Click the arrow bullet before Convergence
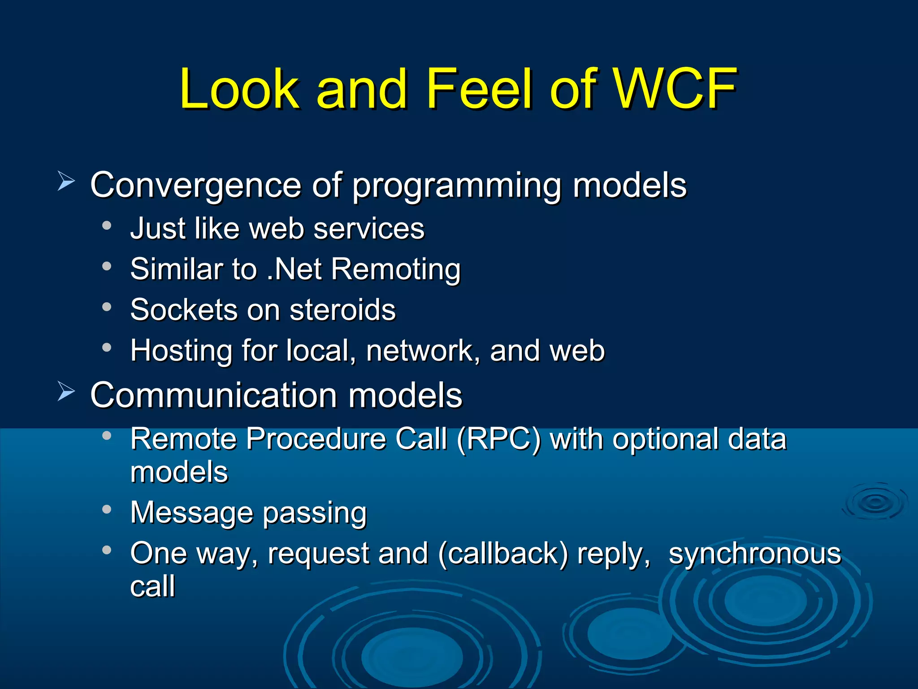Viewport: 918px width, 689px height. tap(66, 182)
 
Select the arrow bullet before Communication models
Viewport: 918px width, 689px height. tap(66, 392)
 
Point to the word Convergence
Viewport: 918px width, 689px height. tap(195, 185)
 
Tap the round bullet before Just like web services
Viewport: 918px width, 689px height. tap(106, 226)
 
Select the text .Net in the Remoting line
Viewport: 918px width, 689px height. tap(294, 269)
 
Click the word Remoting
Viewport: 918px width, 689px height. tap(396, 269)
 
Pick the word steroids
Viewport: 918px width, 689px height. tap(342, 310)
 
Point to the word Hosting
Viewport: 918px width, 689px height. tap(181, 350)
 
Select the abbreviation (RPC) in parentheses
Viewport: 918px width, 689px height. tap(498, 439)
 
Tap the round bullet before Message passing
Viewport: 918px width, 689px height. tap(106, 510)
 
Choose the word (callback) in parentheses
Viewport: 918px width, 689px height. tap(503, 553)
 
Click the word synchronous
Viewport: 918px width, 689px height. tap(755, 553)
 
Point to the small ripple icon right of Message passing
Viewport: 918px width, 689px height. tap(875, 501)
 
